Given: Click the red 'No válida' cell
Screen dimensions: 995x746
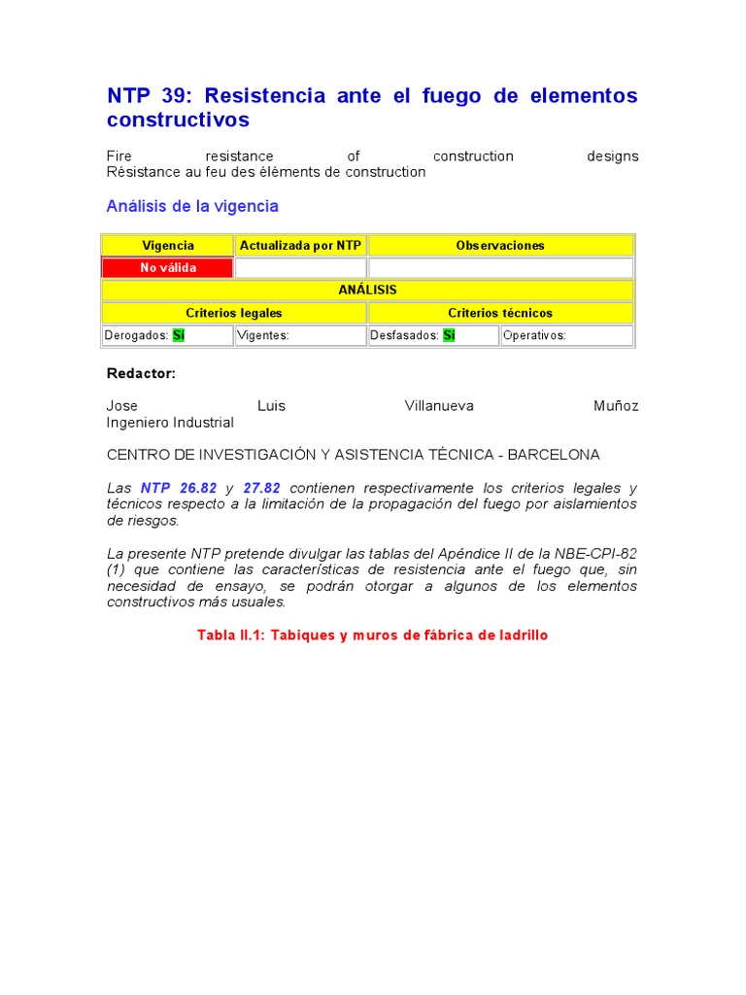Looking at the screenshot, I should pos(168,268).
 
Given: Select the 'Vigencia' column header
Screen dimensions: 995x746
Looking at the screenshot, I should pos(168,246).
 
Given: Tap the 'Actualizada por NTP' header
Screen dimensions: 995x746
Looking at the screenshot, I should pos(300,246).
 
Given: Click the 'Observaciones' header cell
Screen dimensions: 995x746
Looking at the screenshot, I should pos(500,246).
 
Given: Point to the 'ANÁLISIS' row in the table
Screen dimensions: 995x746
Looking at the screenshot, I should pos(367,290).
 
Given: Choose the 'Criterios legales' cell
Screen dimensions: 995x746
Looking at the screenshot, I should pos(234,313).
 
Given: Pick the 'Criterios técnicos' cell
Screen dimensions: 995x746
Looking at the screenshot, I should pos(500,313).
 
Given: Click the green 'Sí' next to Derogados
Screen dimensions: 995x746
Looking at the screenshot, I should pos(179,335).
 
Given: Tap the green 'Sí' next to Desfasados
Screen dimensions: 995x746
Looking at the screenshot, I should pos(449,335).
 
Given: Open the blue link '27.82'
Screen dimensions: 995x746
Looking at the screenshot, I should pos(261,488).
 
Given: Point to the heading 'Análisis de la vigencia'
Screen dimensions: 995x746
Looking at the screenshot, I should pos(192,206).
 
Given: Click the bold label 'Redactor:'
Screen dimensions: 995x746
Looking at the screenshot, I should pos(141,373).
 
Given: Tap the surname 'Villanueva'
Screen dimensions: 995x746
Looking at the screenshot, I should pos(439,406).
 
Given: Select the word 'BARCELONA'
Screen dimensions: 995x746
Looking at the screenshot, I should pos(554,455).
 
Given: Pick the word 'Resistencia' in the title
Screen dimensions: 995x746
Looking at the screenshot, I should pos(266,95).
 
